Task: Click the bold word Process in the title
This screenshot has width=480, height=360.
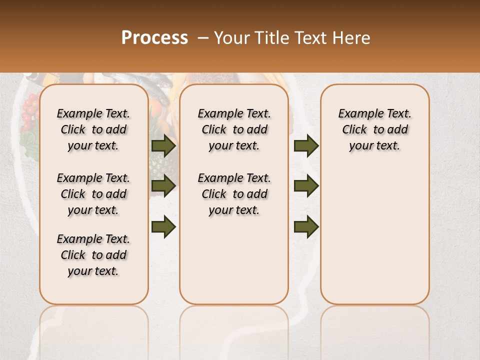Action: (154, 38)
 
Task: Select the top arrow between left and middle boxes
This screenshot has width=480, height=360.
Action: (163, 145)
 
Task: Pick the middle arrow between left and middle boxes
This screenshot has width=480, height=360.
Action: (163, 186)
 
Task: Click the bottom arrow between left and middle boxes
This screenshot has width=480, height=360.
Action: (163, 226)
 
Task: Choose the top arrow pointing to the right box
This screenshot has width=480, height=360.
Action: (306, 145)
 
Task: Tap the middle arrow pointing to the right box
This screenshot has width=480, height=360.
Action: (306, 186)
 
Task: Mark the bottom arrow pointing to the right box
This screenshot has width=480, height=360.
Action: (306, 226)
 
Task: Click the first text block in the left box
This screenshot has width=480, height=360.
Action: (93, 129)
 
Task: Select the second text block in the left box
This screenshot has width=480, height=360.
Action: (93, 194)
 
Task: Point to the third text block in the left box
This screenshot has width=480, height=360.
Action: (93, 255)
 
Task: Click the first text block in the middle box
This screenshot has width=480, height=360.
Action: (234, 129)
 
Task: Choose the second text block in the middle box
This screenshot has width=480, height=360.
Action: (234, 194)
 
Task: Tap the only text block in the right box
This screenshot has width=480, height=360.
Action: (374, 129)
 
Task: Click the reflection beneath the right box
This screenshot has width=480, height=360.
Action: (374, 325)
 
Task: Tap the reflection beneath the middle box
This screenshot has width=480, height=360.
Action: (234, 325)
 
